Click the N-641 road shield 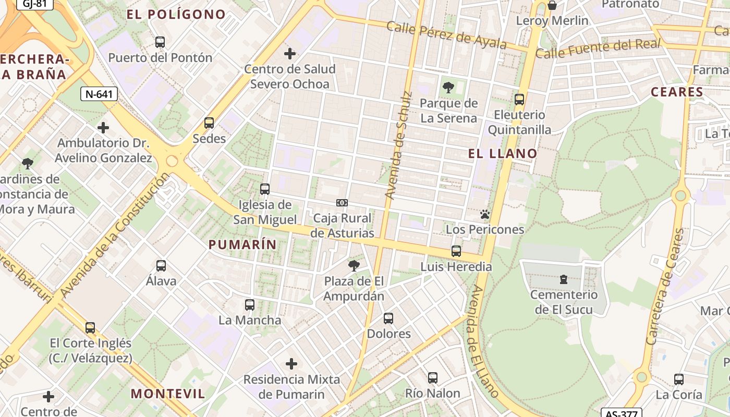click(99, 94)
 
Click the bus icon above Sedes click(209, 123)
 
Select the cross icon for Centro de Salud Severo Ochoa click(290, 54)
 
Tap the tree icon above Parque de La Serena click(448, 88)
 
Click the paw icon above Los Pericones click(485, 214)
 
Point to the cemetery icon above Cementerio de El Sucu click(564, 279)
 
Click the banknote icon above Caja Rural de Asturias click(342, 203)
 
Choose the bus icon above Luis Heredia click(456, 251)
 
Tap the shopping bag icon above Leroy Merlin click(552, 6)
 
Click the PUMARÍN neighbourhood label click(242, 244)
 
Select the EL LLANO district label click(503, 153)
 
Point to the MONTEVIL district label click(168, 394)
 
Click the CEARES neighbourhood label click(677, 92)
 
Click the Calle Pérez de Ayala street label click(446, 35)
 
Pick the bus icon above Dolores click(388, 318)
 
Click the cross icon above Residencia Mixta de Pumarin click(291, 364)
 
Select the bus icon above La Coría click(679, 379)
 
